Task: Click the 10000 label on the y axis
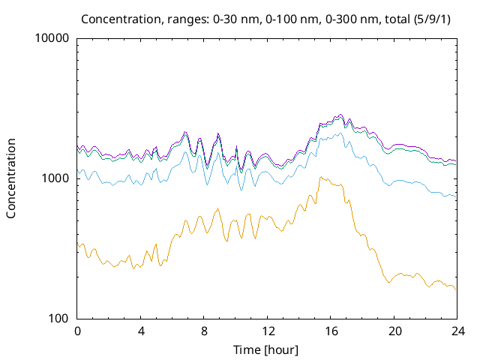(52, 39)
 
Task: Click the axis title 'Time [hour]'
(267, 349)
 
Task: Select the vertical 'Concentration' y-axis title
(11, 178)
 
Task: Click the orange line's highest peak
(320, 177)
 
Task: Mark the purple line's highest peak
(340, 115)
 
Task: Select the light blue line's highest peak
(340, 133)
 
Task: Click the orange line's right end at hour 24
(455, 289)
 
